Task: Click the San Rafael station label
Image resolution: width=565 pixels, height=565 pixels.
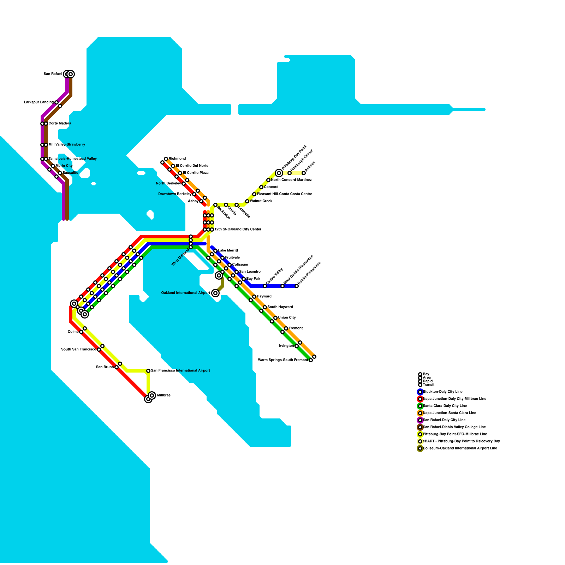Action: point(53,74)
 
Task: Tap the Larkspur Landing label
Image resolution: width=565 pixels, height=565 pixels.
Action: point(39,102)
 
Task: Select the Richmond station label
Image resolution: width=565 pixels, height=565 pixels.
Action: point(177,159)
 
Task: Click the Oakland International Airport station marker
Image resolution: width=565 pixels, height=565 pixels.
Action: point(215,293)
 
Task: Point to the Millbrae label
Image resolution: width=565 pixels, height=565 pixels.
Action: point(163,395)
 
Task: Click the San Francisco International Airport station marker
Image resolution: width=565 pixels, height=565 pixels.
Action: point(148,371)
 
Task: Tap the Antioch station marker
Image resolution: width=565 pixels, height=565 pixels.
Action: point(304,173)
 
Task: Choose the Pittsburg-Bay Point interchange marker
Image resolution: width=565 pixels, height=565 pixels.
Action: point(279,173)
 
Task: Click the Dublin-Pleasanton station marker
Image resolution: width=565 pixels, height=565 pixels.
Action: point(297,286)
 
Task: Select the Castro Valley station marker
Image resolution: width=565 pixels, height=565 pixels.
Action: point(265,286)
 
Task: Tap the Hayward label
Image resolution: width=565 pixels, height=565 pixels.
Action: point(264,297)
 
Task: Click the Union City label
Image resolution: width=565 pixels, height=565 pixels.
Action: point(287,318)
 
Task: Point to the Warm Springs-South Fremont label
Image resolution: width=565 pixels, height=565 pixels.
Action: point(283,360)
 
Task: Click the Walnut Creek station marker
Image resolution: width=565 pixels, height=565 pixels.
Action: point(247,201)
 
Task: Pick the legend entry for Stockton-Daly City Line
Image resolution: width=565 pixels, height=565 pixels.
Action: point(442,392)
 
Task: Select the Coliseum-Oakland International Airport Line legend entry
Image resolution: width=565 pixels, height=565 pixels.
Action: point(460,448)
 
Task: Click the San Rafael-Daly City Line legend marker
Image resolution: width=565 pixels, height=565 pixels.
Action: point(420,420)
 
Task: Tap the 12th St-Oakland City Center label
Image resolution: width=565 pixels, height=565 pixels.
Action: point(238,230)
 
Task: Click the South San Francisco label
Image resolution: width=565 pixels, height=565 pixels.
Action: point(78,350)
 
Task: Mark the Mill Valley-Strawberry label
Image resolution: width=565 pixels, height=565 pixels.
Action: point(67,145)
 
